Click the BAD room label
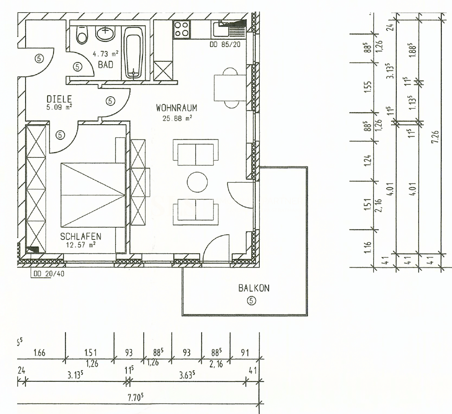tap(106, 65)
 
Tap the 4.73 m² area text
tap(105, 54)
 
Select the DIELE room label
tap(59, 99)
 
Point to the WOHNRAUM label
tap(176, 108)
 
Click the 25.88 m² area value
tap(176, 118)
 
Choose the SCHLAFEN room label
tap(81, 237)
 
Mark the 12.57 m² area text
tap(81, 245)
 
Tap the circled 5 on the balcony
tap(251, 300)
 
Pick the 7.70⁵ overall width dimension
tap(139, 398)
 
